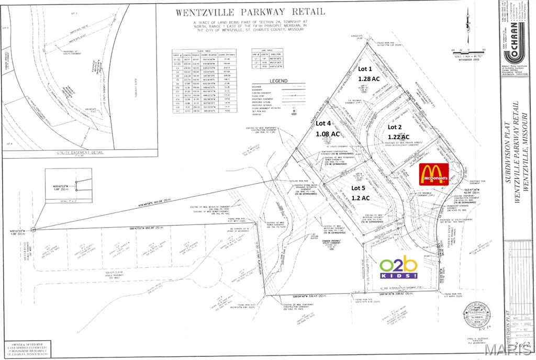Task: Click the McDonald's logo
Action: [434, 174]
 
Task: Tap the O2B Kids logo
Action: [399, 268]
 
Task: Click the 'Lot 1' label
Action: [365, 69]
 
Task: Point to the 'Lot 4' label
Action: [323, 123]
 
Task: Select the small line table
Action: [271, 60]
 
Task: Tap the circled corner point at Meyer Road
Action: [33, 229]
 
